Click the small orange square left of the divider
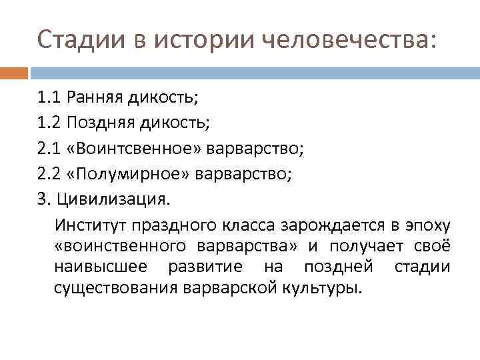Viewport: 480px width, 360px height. click(13, 72)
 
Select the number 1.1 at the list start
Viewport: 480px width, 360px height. click(50, 99)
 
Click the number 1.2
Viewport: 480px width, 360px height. click(50, 123)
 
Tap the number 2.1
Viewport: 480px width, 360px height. click(50, 147)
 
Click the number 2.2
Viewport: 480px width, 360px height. click(50, 173)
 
